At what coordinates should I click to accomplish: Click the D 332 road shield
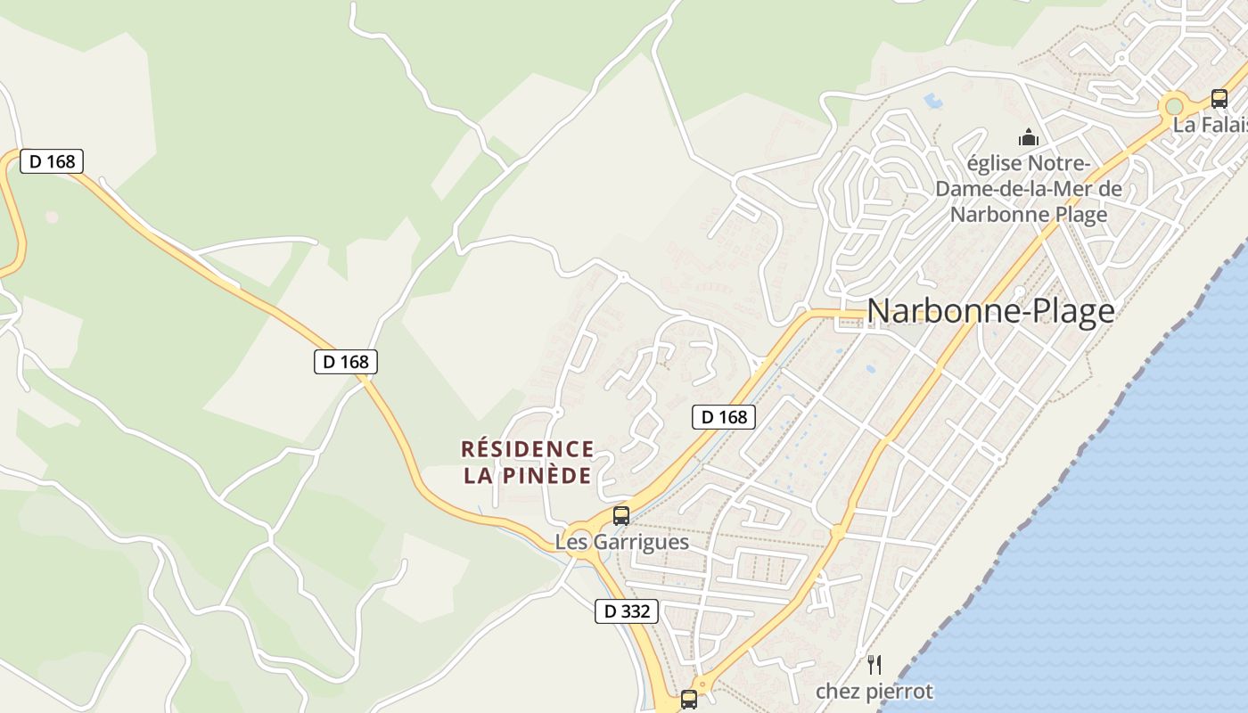tap(627, 611)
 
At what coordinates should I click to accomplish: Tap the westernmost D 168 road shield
tap(52, 161)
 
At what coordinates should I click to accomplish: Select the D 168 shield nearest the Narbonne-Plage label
tap(724, 416)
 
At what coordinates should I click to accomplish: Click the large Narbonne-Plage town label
tap(990, 311)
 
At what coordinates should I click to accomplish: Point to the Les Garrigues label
tap(621, 542)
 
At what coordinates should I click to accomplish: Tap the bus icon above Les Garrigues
tap(621, 516)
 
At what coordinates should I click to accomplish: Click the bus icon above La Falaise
tap(1219, 99)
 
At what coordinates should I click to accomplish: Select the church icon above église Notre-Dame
tap(1029, 138)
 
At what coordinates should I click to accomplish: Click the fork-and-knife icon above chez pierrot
tap(874, 664)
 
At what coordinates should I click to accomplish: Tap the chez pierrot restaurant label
tap(874, 692)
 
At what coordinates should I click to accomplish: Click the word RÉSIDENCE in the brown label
tap(527, 448)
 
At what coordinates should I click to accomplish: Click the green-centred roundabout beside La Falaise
tap(1174, 107)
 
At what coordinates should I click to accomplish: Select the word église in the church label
tap(996, 165)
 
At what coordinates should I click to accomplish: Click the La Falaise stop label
tap(1210, 125)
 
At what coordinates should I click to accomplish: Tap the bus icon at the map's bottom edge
tap(689, 700)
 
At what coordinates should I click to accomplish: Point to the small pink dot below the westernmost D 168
tap(52, 217)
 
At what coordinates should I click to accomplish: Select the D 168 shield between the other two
tap(346, 362)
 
